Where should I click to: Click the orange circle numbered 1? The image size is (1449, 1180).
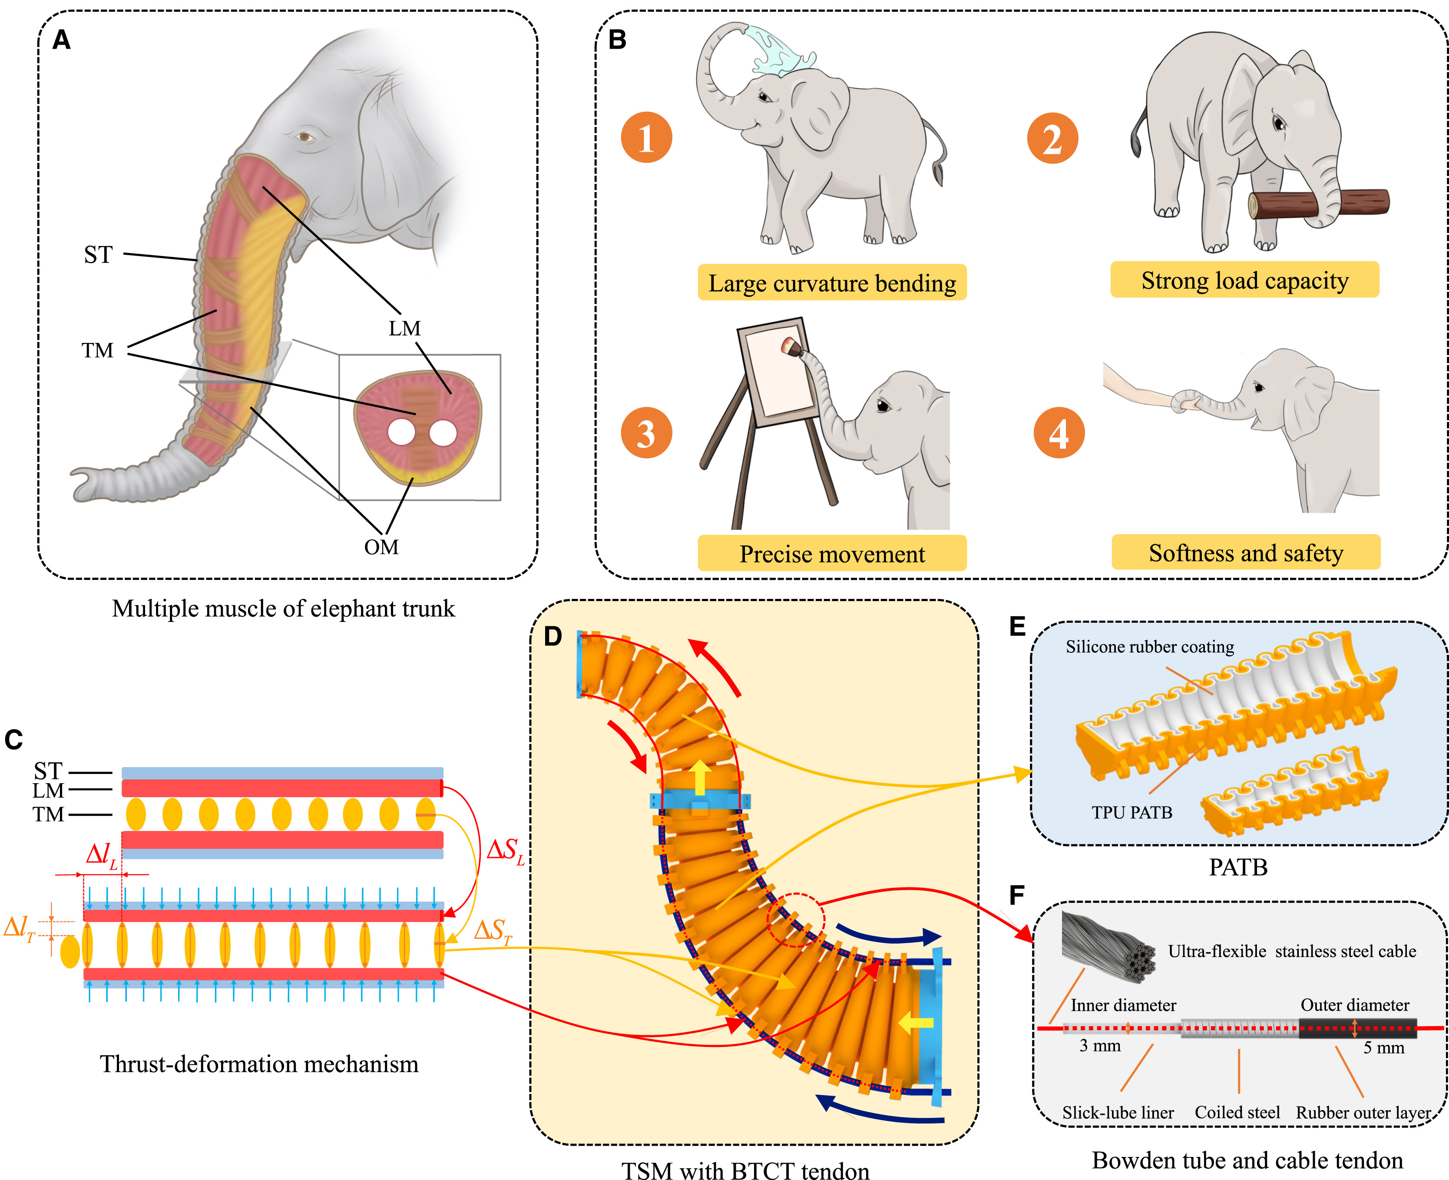point(646,137)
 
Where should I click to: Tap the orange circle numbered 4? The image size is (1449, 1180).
point(1059,433)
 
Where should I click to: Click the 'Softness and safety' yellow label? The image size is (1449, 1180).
point(1245,552)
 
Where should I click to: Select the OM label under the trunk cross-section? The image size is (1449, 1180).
point(381,547)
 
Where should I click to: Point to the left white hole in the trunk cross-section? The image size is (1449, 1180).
point(401,433)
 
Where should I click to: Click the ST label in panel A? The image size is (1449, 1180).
point(98,255)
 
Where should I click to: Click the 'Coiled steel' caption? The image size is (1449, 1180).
point(1237,1113)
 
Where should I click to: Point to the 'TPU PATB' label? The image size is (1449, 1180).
point(1132,812)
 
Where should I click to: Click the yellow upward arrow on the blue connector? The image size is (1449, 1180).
point(700,779)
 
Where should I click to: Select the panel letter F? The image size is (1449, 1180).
point(1016,895)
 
